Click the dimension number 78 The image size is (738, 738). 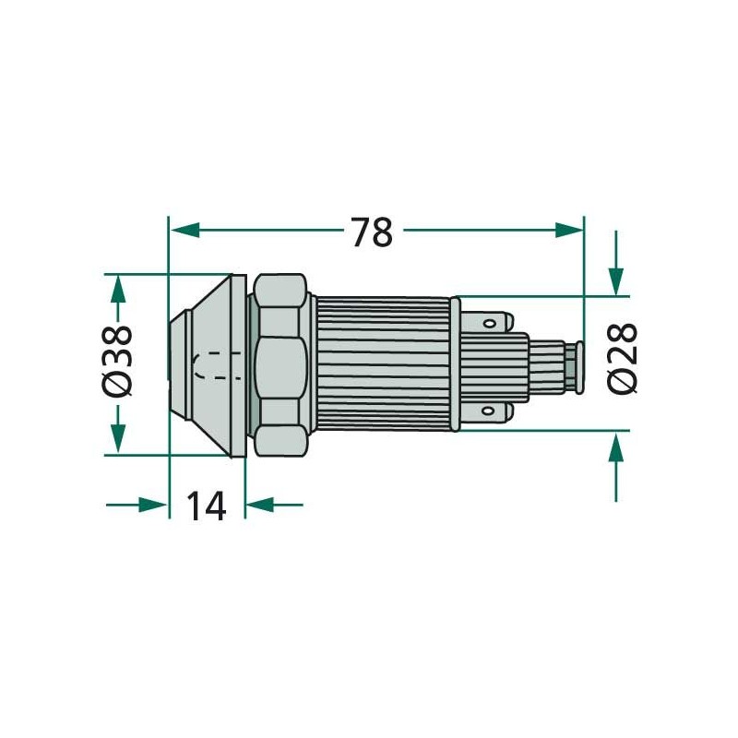point(372,232)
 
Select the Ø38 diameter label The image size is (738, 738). point(117,360)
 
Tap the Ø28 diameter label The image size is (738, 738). point(622,358)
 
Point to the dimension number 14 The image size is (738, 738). point(207,506)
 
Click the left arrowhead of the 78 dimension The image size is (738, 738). point(184,230)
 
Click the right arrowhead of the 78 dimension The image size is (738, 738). point(568,230)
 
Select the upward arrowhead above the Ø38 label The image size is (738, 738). point(118,288)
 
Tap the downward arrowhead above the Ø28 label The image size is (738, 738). point(615,281)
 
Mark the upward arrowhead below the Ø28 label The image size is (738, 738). point(615,446)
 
